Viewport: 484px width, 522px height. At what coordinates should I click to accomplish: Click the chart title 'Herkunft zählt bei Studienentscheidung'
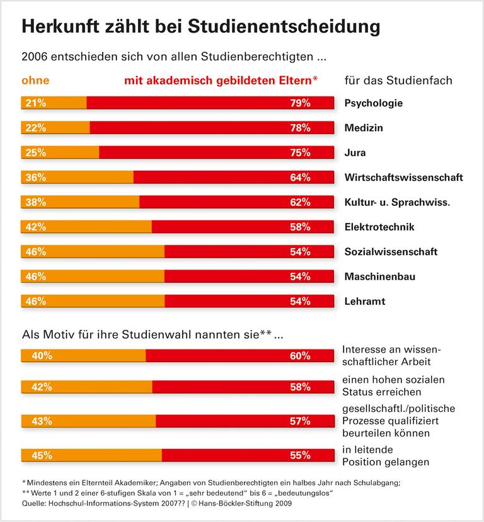200,27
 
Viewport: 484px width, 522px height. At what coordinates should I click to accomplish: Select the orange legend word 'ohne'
35,81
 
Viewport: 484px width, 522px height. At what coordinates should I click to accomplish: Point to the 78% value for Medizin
300,128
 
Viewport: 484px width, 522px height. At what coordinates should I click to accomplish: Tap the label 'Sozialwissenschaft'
391,252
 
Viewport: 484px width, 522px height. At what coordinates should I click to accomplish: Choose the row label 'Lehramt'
364,301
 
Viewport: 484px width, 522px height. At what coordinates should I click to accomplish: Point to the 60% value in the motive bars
300,356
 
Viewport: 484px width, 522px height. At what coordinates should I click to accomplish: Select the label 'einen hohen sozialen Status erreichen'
393,385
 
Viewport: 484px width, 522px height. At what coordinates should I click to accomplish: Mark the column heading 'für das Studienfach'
398,81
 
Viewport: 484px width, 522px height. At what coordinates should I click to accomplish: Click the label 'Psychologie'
374,103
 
